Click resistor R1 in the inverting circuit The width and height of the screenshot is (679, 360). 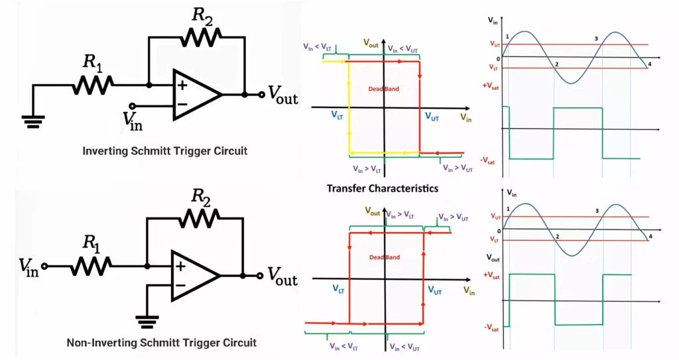(x=92, y=84)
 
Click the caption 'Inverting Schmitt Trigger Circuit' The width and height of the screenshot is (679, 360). (x=164, y=151)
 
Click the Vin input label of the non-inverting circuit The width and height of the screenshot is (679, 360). (x=30, y=267)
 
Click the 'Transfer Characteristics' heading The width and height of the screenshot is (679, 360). (x=383, y=188)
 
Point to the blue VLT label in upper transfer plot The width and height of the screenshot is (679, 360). (x=337, y=115)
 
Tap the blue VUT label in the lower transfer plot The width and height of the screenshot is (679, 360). (x=435, y=290)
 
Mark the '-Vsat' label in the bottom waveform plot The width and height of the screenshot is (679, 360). (x=492, y=327)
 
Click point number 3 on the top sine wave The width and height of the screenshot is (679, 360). (x=596, y=38)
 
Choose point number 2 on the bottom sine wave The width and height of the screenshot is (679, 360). (x=557, y=237)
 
